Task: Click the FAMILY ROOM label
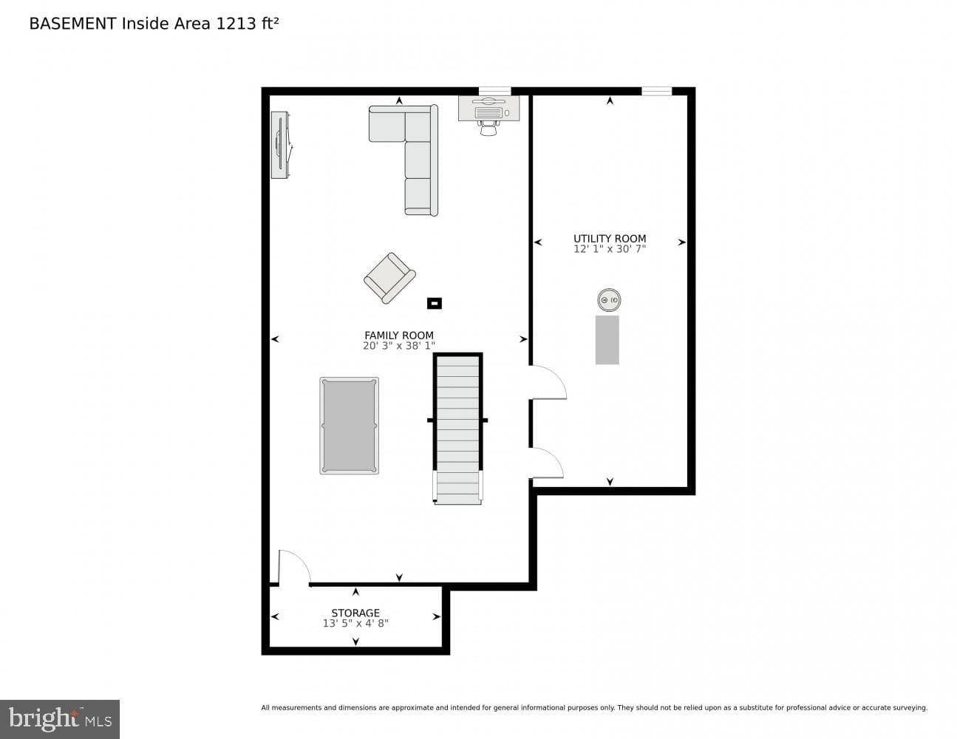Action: (398, 336)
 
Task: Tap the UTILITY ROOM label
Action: (610, 238)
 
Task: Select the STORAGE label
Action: (355, 613)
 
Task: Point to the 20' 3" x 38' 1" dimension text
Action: (398, 346)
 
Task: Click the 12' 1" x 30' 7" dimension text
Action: (610, 249)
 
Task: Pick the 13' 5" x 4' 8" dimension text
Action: (355, 623)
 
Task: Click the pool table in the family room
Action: (350, 426)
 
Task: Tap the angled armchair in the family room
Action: (389, 278)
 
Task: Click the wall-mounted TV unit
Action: (281, 145)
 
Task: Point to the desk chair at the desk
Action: (488, 128)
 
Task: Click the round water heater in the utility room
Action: (609, 300)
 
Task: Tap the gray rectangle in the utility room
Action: (607, 339)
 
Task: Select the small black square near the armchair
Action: (435, 303)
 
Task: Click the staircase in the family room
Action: (457, 428)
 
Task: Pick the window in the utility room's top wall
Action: (656, 91)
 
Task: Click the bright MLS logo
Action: (60, 719)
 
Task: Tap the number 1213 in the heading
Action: (236, 24)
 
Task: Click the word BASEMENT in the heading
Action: (72, 24)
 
